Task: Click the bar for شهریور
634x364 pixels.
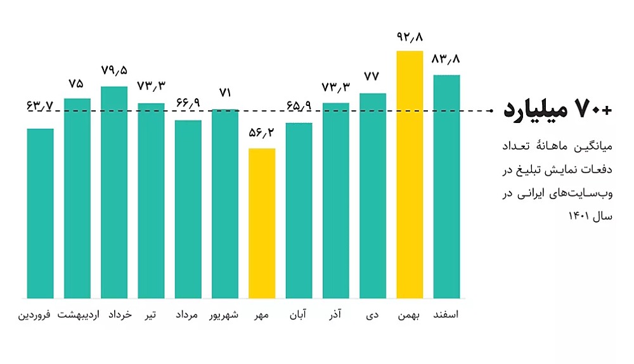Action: click(225, 204)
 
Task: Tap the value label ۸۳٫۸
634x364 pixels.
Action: click(446, 60)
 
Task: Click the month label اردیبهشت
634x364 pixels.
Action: click(77, 315)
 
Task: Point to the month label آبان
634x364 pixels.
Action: click(299, 315)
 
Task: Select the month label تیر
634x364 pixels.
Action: click(152, 315)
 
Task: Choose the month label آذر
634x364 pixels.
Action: click(336, 315)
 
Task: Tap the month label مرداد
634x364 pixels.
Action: click(188, 315)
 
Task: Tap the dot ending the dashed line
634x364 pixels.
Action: click(491, 111)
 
